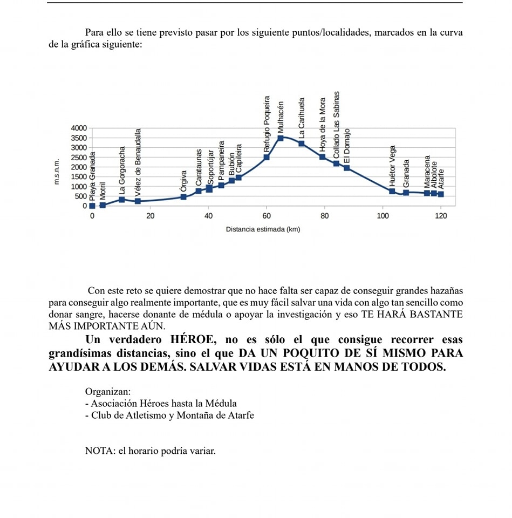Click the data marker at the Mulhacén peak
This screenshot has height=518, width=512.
click(281, 138)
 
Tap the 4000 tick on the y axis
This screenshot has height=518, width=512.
click(79, 128)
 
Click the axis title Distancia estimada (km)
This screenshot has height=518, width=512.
click(263, 229)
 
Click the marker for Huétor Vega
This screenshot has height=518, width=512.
click(392, 192)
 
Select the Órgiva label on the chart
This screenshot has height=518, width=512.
click(183, 181)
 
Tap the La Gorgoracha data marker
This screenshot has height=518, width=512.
click(122, 200)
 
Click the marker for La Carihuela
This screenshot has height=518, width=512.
click(302, 144)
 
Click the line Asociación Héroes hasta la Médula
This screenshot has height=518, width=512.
click(161, 404)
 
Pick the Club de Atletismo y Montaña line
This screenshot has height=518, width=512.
click(169, 415)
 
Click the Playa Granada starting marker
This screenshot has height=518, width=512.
click(92, 206)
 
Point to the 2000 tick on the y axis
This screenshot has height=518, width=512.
click(79, 167)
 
